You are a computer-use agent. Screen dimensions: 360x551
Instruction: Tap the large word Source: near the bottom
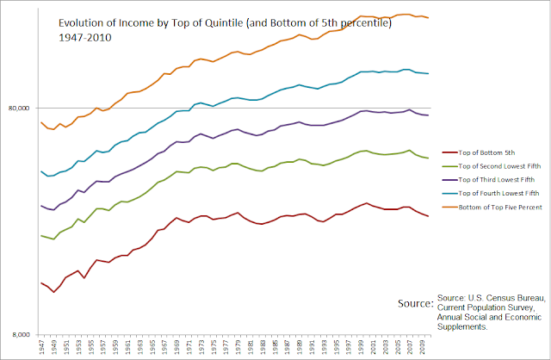(415, 304)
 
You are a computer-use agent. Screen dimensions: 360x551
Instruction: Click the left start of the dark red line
(41, 282)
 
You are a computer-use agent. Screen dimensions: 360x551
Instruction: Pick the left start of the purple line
(41, 205)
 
